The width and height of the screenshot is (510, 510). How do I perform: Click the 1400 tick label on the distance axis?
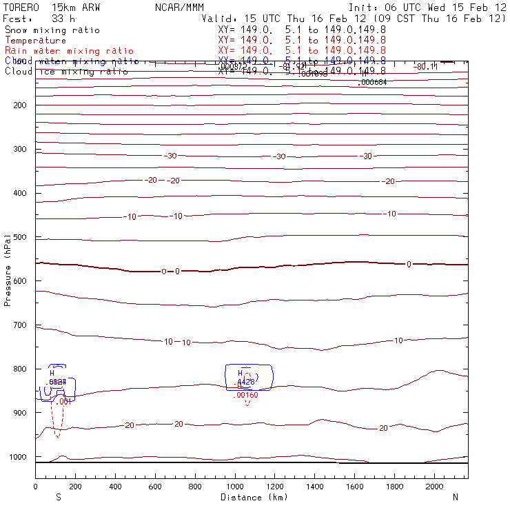point(316,487)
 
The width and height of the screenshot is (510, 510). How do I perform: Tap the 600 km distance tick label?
point(156,487)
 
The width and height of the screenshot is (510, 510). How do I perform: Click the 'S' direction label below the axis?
point(59,497)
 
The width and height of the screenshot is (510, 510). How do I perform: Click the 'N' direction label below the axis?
point(456,497)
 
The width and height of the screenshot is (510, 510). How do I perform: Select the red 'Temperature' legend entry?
point(35,41)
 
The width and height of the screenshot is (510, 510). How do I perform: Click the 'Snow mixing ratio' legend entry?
point(52,30)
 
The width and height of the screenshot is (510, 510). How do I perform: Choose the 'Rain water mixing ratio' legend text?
point(69,51)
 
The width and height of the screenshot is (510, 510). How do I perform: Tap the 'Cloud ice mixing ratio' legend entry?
point(66,72)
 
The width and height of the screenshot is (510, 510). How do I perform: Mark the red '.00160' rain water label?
point(246,395)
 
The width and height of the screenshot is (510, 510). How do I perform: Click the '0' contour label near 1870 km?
point(409,264)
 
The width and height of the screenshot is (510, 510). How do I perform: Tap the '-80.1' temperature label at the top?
point(427,67)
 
